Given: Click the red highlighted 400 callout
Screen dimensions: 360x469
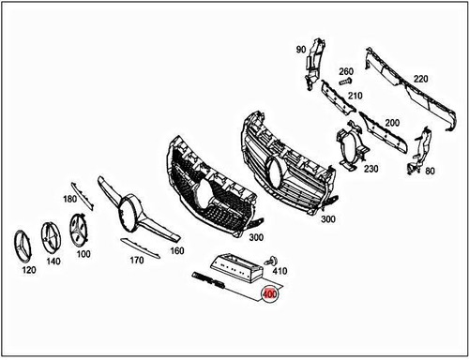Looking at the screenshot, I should coord(270,293).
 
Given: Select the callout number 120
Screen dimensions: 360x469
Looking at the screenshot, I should coord(29,268).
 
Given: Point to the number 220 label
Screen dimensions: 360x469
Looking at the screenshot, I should coord(419,78).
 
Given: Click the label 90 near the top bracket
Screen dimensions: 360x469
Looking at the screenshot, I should coord(301,49).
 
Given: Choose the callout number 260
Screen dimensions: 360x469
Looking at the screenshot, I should coord(345,72).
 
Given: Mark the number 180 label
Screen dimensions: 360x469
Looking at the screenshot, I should coord(69,200).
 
